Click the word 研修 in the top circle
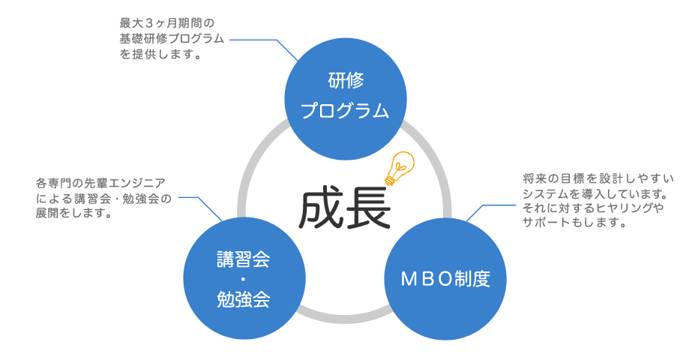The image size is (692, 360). point(345,80)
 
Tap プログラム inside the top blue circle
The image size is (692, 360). point(345,111)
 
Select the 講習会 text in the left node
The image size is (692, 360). point(243,260)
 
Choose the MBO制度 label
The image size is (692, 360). point(445,280)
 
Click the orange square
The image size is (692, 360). point(399,167)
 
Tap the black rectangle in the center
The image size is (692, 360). point(344,206)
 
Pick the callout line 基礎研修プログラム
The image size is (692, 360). point(172,40)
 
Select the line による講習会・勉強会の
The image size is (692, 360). point(103,198)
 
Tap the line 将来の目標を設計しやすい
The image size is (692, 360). point(598,180)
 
